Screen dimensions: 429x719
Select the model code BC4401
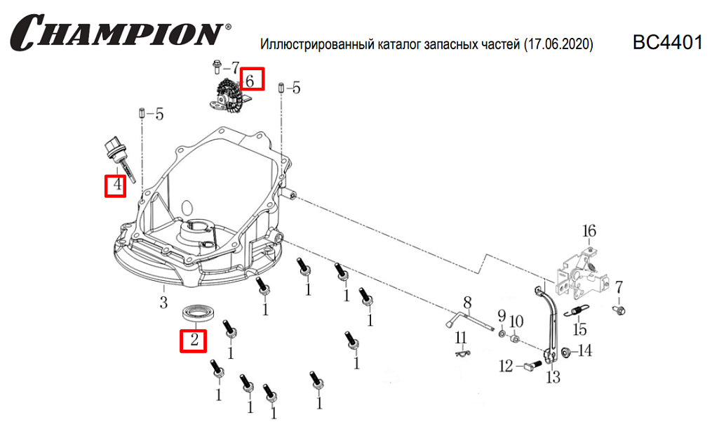667,43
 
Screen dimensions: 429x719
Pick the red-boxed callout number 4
116,186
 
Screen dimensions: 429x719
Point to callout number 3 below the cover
163,303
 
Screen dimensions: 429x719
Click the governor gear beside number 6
230,95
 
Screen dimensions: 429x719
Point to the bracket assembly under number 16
581,274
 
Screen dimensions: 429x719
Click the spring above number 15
579,312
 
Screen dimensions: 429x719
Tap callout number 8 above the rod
467,303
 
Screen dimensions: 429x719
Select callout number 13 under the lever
553,378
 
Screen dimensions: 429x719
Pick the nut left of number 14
565,352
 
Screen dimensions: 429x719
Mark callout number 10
516,322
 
